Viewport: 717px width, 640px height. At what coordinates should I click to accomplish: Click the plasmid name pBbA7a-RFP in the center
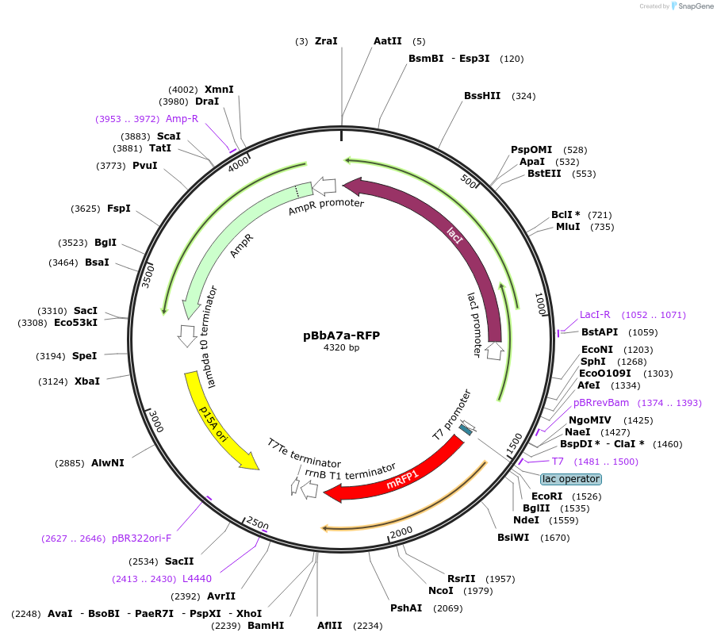pos(341,335)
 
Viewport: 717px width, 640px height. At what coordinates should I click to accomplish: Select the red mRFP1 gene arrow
pos(397,475)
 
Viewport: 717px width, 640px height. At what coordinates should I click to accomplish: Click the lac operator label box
pos(571,479)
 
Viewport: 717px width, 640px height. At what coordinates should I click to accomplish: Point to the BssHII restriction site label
pos(482,96)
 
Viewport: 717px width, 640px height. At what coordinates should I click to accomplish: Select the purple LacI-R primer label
pos(595,315)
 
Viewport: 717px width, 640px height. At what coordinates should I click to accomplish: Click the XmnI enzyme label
pos(219,90)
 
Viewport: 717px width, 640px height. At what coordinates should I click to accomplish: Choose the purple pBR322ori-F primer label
pos(142,538)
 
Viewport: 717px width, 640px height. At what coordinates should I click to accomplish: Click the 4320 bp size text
pos(341,347)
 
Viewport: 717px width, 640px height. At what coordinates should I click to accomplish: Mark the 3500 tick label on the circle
pos(148,274)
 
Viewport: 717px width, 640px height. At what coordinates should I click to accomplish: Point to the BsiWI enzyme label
pos(512,538)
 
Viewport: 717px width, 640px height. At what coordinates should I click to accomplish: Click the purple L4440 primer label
pos(197,579)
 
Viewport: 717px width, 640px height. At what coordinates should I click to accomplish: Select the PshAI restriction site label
pos(406,608)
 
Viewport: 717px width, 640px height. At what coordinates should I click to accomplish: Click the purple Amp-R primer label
pos(182,119)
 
